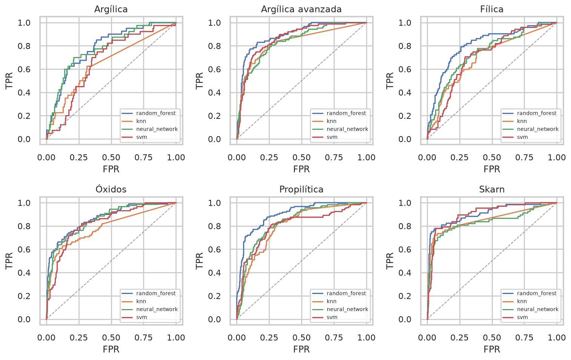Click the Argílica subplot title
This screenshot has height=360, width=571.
click(111, 9)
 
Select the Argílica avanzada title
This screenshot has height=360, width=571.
click(301, 9)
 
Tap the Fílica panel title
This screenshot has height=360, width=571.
click(492, 9)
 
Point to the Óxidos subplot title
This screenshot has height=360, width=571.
click(111, 189)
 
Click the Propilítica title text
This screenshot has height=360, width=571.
click(301, 189)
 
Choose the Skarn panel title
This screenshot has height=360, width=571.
click(492, 189)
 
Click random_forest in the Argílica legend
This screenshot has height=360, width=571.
click(156, 113)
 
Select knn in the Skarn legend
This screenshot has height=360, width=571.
click(522, 301)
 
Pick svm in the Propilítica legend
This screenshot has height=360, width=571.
click(332, 317)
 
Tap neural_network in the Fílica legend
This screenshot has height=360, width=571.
click(538, 129)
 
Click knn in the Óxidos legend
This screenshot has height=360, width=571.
click(141, 301)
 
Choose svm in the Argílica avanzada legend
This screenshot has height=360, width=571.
click(332, 137)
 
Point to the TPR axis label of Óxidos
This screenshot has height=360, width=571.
click(9, 261)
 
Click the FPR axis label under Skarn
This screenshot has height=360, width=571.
click(492, 349)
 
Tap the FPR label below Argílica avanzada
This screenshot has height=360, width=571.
click(301, 169)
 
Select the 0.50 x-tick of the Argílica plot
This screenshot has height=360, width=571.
click(111, 157)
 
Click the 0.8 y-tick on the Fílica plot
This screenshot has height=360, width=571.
click(405, 46)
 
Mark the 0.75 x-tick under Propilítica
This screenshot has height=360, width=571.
click(334, 337)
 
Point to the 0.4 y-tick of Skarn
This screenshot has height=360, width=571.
click(405, 273)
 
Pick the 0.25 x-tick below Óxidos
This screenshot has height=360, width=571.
click(79, 337)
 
